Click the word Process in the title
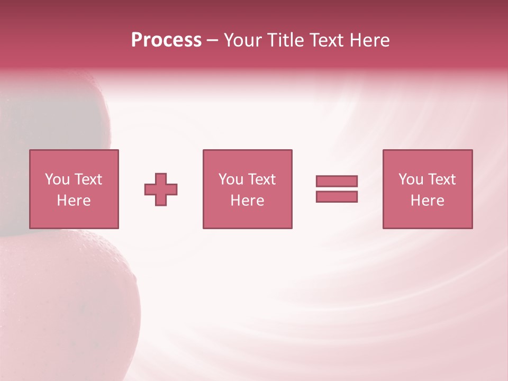(x=166, y=40)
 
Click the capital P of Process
(x=138, y=40)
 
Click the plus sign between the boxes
(x=161, y=189)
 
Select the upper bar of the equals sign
(x=337, y=181)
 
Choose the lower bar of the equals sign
(x=337, y=196)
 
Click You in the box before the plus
(x=57, y=179)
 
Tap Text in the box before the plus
(x=88, y=179)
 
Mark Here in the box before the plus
(x=74, y=201)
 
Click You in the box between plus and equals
(x=231, y=179)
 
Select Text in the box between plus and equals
(x=261, y=179)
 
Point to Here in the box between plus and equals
(x=247, y=201)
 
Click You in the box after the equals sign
(x=411, y=179)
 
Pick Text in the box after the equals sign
(x=441, y=179)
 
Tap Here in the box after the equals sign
(x=427, y=201)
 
